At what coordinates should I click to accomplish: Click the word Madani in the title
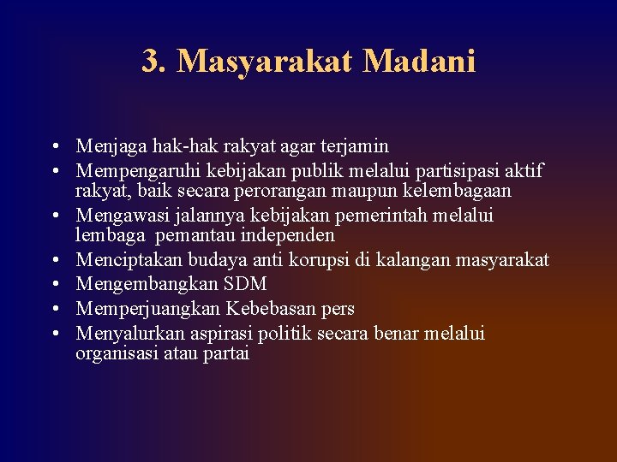pos(419,62)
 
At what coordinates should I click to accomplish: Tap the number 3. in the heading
pos(154,62)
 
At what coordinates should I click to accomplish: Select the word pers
pos(337,308)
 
